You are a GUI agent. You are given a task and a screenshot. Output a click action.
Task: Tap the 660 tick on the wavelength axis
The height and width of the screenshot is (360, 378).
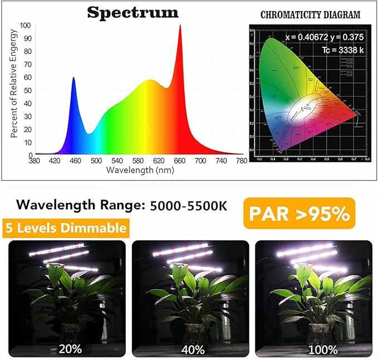coord(180,161)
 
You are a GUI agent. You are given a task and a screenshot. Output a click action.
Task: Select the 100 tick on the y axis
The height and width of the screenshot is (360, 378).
coord(25,26)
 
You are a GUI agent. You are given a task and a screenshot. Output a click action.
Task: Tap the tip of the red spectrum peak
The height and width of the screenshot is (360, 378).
coord(180,25)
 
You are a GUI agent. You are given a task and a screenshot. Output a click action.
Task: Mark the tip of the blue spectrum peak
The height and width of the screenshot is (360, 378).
coord(73,77)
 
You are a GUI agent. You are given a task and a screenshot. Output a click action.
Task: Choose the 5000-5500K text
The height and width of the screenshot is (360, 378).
coord(189,206)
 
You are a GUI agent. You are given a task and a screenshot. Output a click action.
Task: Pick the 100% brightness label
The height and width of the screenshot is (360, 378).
coord(313,349)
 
